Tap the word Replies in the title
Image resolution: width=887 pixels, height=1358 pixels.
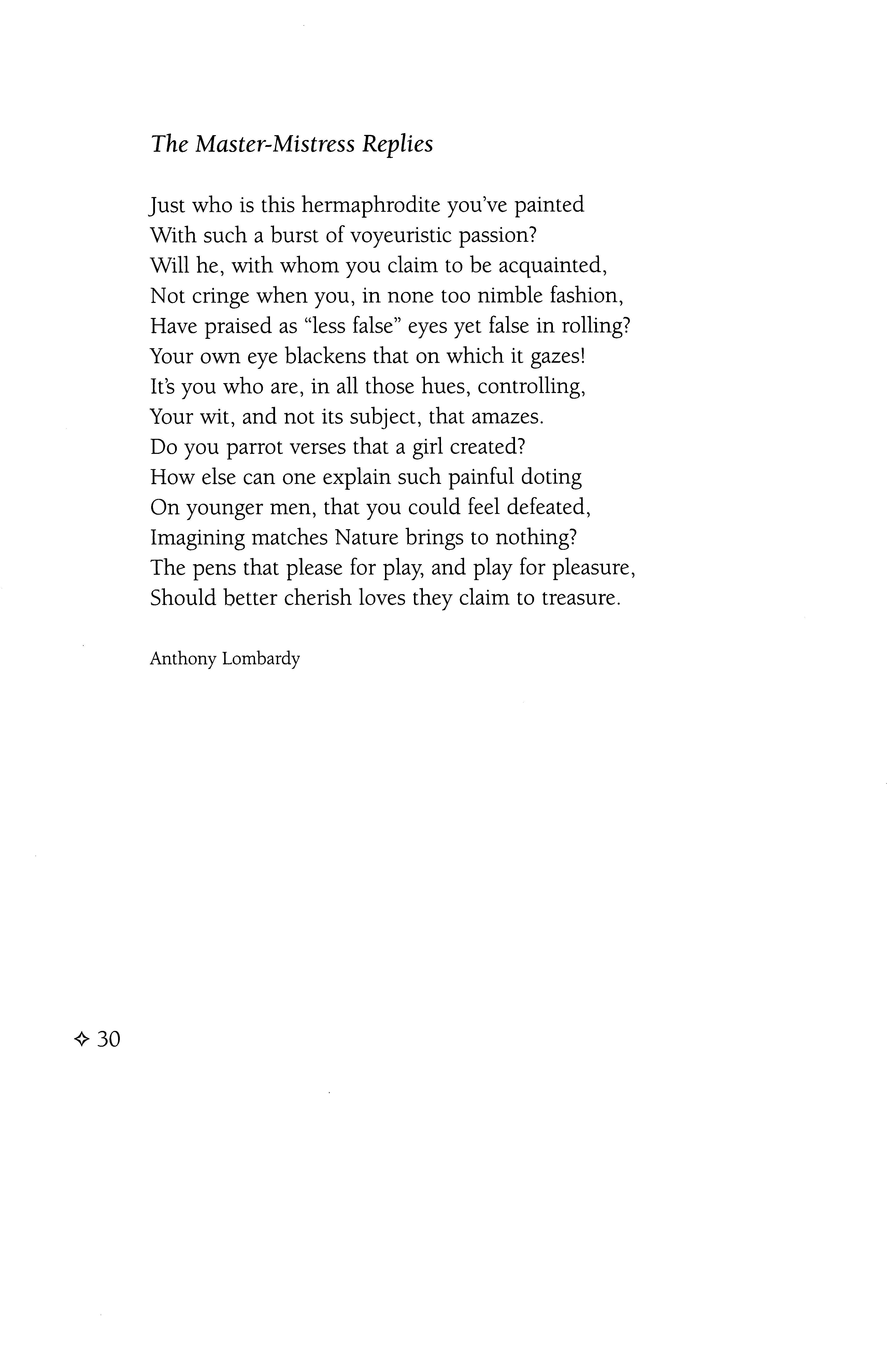coord(398,145)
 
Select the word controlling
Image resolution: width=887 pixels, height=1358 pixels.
coord(532,387)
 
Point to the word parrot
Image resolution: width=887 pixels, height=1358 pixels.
coord(254,447)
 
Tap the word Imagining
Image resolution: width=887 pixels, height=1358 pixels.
coord(197,538)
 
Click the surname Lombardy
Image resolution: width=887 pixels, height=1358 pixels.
coord(261,659)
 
